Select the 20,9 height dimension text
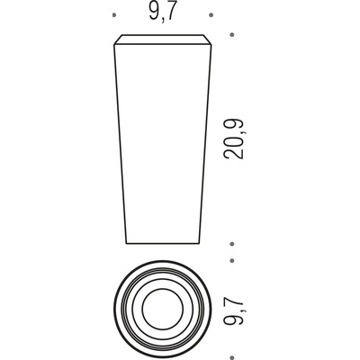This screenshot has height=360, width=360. pyautogui.click(x=233, y=139)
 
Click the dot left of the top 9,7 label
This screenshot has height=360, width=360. pyautogui.click(x=113, y=15)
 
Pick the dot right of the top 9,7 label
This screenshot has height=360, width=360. pyautogui.click(x=211, y=15)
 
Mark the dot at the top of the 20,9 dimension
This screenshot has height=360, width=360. pyautogui.click(x=231, y=35)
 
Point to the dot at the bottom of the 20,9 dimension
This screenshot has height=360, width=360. pyautogui.click(x=231, y=244)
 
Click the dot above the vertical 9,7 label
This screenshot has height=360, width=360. pyautogui.click(x=231, y=261)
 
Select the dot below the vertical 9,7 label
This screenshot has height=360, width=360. pyautogui.click(x=231, y=357)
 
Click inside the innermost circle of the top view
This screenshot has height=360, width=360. pyautogui.click(x=162, y=310)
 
